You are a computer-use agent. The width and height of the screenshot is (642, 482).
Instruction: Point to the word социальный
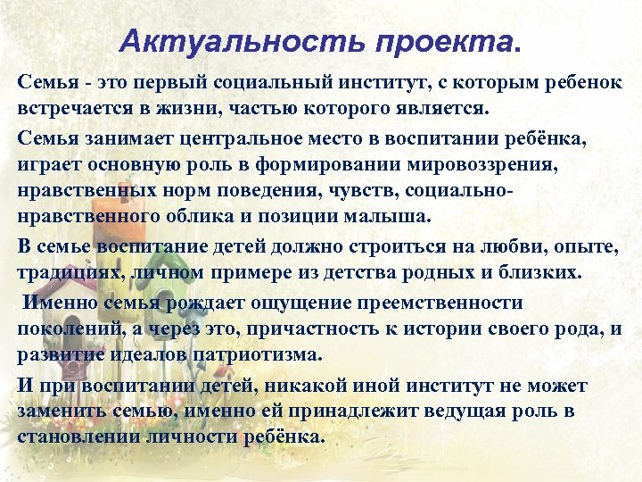(253, 83)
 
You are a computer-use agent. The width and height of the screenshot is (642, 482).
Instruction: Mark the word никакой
(270, 385)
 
